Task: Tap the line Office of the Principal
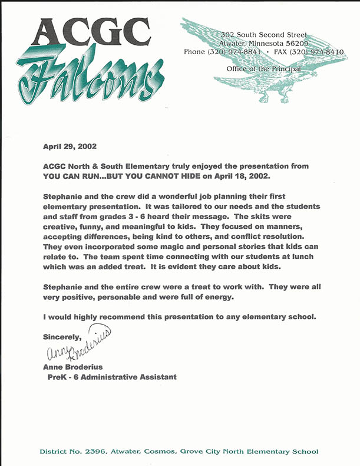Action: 263,69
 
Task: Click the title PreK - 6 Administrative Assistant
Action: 113,377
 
